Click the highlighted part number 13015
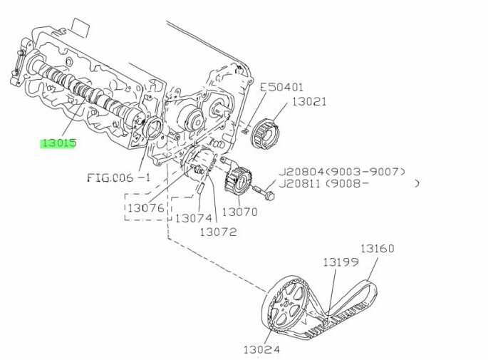point(58,143)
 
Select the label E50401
point(281,88)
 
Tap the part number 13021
point(308,102)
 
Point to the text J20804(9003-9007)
point(341,172)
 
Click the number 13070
point(239,212)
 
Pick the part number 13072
point(217,232)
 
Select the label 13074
point(193,218)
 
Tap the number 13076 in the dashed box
point(145,208)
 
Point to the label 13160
point(377,249)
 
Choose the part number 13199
point(340,262)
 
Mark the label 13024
point(261,349)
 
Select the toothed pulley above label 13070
point(237,180)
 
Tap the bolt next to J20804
point(264,192)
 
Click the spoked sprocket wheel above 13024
point(287,307)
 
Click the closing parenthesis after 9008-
point(417,184)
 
